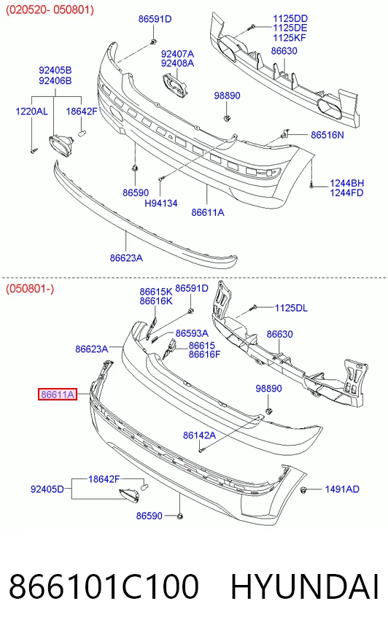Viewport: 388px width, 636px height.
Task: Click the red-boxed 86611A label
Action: [57, 394]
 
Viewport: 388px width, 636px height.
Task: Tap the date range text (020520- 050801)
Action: [50, 9]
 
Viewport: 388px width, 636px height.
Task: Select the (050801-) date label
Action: [30, 289]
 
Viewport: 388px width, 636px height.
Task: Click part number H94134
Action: [161, 203]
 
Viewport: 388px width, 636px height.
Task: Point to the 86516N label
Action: [327, 135]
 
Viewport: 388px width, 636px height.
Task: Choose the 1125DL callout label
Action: [291, 308]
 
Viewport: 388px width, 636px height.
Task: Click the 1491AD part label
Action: [342, 489]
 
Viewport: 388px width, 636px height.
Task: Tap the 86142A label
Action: [200, 435]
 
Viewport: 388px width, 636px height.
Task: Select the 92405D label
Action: [47, 489]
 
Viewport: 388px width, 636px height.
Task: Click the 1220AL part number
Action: [31, 111]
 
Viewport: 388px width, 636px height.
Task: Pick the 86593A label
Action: [192, 333]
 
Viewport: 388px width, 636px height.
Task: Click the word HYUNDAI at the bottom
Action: [305, 586]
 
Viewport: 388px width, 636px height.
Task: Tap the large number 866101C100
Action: [104, 586]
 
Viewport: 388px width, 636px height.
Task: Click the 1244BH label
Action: [346, 183]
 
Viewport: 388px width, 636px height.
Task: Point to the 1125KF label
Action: [290, 38]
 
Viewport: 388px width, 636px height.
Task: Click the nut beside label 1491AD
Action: [303, 489]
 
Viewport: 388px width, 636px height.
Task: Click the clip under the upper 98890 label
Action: [227, 118]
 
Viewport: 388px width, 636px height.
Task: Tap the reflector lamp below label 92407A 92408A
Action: [175, 85]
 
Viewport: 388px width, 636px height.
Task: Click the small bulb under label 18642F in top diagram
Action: [82, 132]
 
